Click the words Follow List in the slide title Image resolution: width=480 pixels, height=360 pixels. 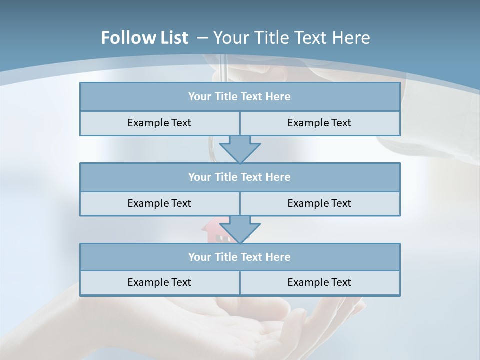coord(144,38)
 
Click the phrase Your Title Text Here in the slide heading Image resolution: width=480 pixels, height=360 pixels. coord(292,38)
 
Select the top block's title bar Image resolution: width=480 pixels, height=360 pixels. coord(239,97)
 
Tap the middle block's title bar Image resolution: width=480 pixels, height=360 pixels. coord(239,177)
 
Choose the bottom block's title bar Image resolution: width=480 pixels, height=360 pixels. coord(239,257)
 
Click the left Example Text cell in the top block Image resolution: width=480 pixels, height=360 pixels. coord(159,123)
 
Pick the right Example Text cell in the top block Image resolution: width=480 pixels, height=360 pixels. coord(319,123)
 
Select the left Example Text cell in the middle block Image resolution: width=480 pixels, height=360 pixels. coord(159,203)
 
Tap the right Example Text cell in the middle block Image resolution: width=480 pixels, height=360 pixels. coord(319,203)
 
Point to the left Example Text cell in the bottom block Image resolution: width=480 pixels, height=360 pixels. coord(159,282)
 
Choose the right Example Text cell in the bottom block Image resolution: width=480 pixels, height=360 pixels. coord(319,282)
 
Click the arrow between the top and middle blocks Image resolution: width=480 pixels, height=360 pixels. coord(240,149)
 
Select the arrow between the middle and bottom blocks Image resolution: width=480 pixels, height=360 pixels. coord(240,229)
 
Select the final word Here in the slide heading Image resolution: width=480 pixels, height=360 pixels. coord(353,38)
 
